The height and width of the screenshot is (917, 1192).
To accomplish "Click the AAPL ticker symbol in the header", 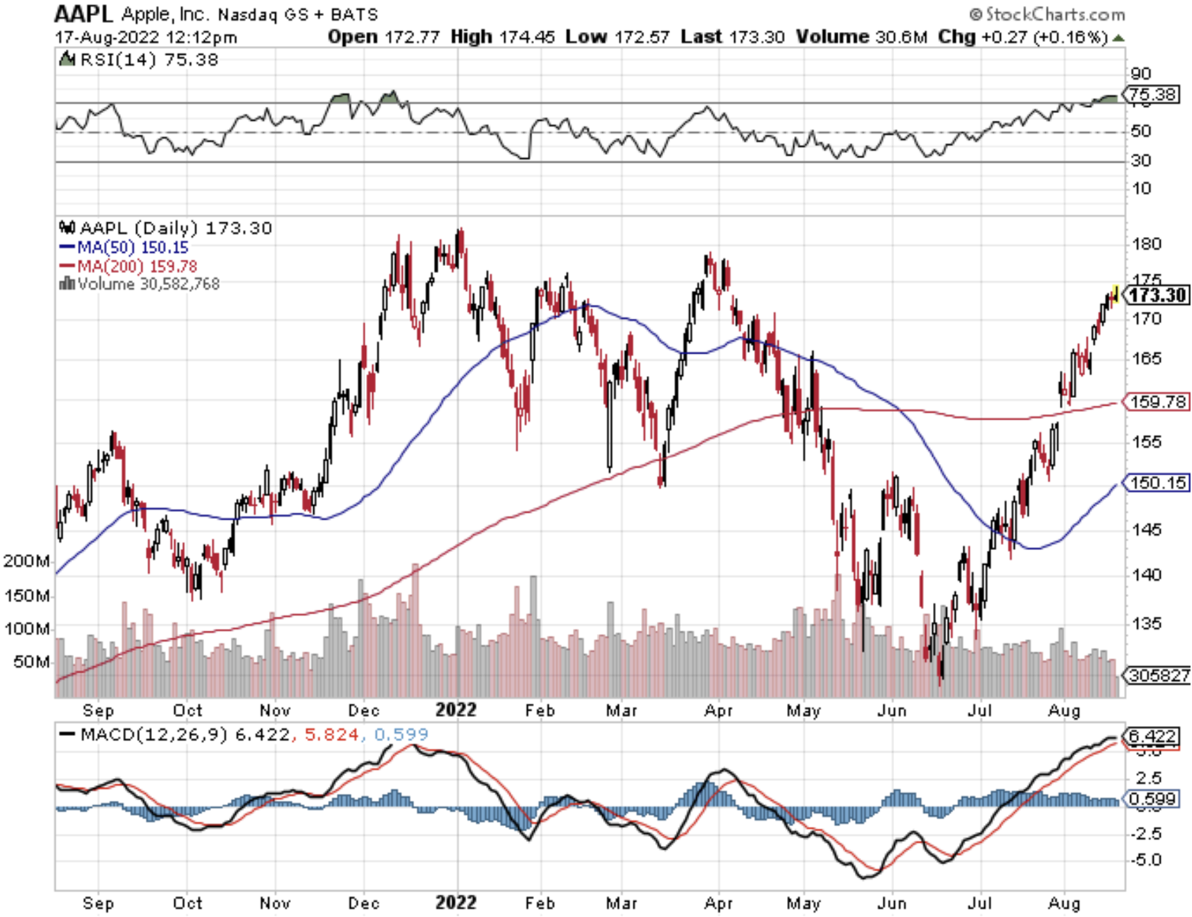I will point(83,14).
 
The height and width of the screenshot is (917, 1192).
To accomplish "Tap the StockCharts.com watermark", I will point(1047,14).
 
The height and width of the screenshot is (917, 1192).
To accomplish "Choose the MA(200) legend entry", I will point(128,267).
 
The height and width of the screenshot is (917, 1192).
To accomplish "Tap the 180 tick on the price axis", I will point(1146,244).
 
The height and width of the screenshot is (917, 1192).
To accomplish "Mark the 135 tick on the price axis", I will point(1146,624).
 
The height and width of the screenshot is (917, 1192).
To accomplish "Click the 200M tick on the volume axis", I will point(27,561).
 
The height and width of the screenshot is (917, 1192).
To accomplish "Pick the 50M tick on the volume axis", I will point(31,661).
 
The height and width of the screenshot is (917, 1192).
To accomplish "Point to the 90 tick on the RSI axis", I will point(1141,73).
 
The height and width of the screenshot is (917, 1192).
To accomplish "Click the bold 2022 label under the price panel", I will point(455,710).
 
